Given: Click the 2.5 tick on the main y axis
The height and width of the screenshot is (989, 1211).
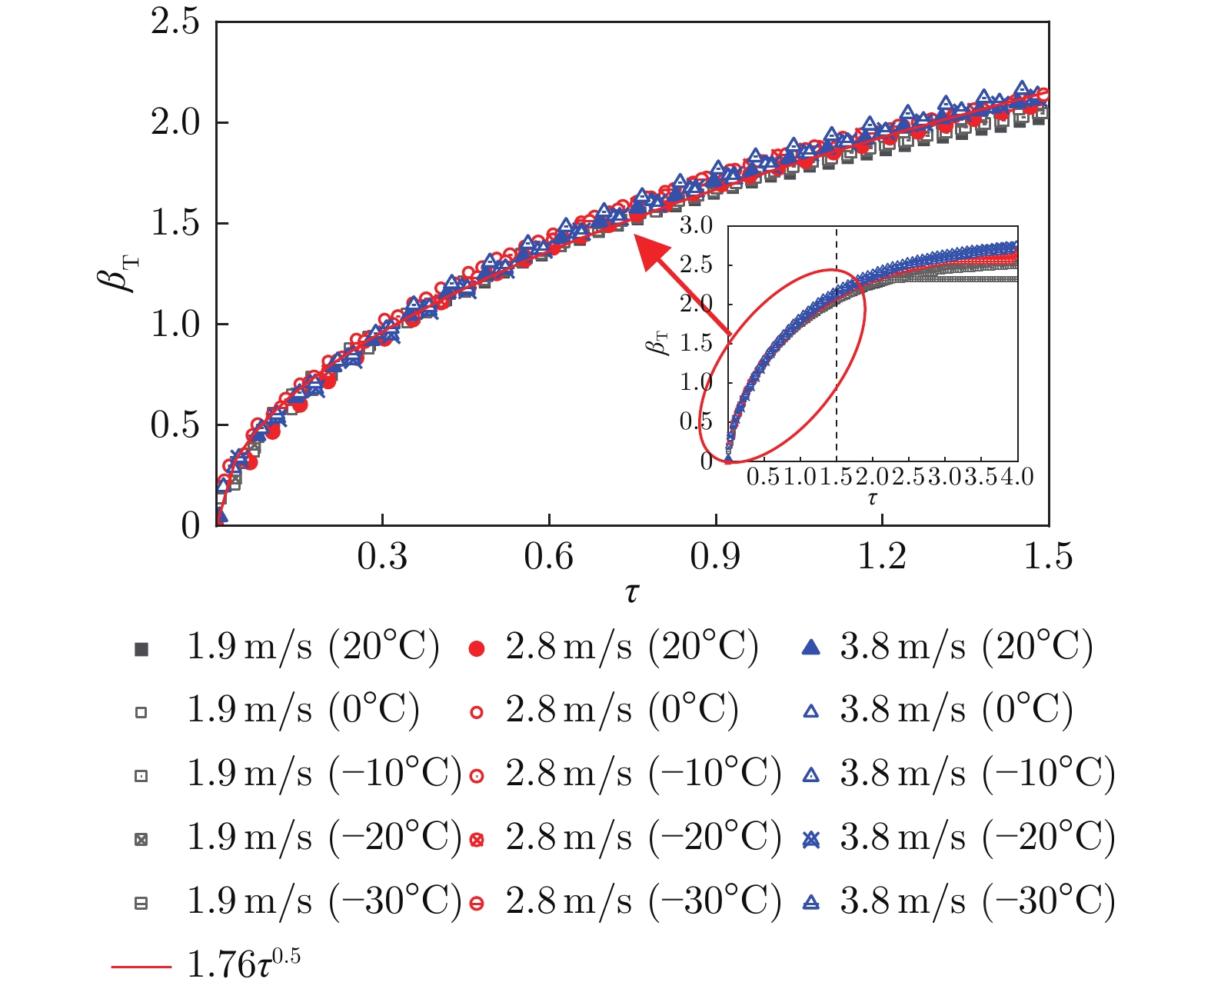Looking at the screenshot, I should (175, 22).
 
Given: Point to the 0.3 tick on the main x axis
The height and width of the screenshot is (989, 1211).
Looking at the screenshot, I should (382, 555).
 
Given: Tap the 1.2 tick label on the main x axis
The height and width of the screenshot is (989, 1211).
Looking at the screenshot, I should (882, 555).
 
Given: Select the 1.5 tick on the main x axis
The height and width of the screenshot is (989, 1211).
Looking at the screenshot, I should (1048, 555).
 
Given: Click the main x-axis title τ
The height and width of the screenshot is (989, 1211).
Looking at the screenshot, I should (631, 592).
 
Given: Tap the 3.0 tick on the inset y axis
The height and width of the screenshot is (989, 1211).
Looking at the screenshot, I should (696, 226).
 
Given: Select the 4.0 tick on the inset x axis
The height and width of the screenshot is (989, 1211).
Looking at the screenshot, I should (1017, 477).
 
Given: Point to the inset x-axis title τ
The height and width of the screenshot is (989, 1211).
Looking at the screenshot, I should (872, 498).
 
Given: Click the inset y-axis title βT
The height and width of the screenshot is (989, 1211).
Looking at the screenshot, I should (658, 343).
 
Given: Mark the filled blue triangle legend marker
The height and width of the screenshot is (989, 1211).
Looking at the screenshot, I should (810, 648).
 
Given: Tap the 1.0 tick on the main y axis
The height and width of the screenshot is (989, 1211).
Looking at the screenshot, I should (175, 325).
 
